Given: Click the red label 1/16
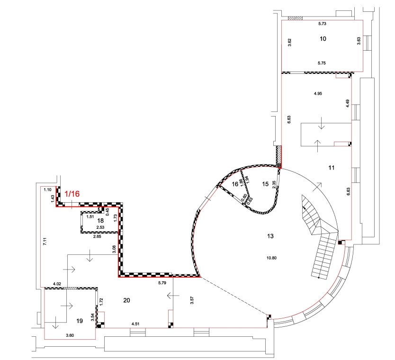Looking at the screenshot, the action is coord(72,194).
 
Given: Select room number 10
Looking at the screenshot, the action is coord(323,39).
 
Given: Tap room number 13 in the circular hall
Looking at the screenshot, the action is coord(270,236).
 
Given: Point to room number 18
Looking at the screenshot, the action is coord(100,221).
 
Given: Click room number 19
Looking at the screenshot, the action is coord(80,321).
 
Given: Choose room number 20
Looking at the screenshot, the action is coord(126,300).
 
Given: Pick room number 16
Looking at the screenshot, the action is coord(235,184).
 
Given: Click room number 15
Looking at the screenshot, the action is coord(265,184).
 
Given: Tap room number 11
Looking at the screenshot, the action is coord(332,168).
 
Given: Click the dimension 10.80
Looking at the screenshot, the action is coord(271,258).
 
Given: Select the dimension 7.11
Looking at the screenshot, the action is coord(45,242).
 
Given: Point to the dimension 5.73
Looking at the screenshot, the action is coord(322,24).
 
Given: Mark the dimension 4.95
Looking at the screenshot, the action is coord(318,94).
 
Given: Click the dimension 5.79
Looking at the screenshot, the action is coord(162,283).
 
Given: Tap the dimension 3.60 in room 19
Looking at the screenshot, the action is coord(70,335).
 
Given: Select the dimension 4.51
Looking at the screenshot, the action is coord(135,324).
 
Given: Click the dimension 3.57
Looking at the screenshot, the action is coord(192,300).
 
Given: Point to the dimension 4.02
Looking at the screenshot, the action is coord(57,284).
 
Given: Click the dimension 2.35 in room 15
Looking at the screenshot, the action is coord(274,185).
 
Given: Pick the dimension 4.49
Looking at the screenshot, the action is coord(348,104).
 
